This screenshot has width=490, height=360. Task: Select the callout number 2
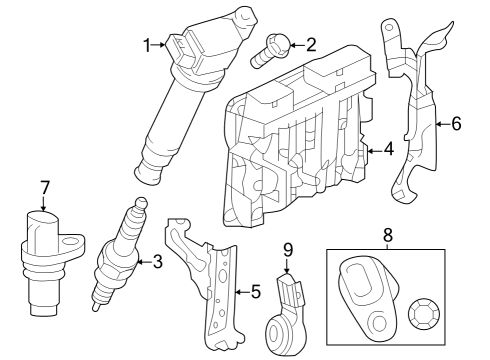click(x=310, y=44)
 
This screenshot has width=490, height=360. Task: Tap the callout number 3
click(x=157, y=263)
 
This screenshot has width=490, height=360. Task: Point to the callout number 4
click(x=388, y=151)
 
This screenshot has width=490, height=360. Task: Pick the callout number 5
click(x=255, y=292)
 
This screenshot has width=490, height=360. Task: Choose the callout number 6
click(x=456, y=125)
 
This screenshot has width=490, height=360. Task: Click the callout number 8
click(x=387, y=236)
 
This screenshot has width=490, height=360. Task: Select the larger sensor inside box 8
click(x=365, y=295)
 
